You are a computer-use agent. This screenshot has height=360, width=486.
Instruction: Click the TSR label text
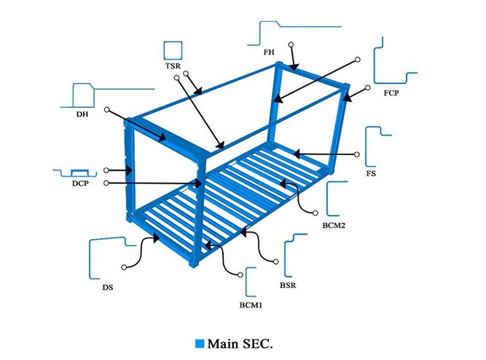click(x=173, y=66)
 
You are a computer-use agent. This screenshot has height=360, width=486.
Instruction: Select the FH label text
click(x=269, y=52)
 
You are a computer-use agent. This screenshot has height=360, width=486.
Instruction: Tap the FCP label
click(x=391, y=94)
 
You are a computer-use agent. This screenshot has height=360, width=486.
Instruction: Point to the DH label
click(x=82, y=114)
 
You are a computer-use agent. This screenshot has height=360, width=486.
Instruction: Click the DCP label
click(x=80, y=184)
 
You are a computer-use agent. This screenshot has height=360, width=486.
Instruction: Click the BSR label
click(x=288, y=285)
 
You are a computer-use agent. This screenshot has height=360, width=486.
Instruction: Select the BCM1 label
click(x=251, y=304)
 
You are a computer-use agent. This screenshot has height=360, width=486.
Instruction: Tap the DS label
click(x=108, y=288)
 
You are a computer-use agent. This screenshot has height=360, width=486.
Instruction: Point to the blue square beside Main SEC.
click(x=200, y=342)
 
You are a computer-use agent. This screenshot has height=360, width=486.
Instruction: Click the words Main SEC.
click(x=243, y=342)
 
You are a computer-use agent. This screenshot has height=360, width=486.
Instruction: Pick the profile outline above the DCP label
click(x=80, y=173)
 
